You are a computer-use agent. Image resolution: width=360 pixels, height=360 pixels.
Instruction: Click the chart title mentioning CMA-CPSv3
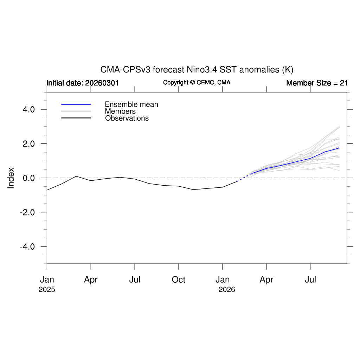(x=197, y=69)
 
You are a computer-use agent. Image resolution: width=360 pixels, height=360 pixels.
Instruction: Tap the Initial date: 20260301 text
(x=83, y=83)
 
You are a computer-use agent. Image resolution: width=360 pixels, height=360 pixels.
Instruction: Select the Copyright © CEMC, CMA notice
(x=197, y=82)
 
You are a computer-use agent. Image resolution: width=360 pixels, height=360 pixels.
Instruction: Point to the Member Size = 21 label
(x=317, y=83)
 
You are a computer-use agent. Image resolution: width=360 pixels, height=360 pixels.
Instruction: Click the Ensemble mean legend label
(x=131, y=104)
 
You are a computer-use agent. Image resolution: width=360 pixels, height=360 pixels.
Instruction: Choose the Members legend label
(x=120, y=111)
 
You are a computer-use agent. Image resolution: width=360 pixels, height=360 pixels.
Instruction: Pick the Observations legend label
(x=127, y=118)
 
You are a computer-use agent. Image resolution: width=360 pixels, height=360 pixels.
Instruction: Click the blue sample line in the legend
(x=76, y=104)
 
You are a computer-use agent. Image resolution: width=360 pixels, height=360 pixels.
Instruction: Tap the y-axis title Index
(x=11, y=178)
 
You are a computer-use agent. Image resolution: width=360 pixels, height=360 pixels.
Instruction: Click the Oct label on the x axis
(x=179, y=280)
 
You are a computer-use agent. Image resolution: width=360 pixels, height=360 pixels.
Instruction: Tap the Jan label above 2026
(x=223, y=280)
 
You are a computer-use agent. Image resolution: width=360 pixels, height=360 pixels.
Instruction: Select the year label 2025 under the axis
(x=47, y=290)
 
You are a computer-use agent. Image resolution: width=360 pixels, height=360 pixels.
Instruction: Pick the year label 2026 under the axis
(x=227, y=290)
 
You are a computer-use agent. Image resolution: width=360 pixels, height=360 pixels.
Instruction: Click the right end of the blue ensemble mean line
(x=339, y=148)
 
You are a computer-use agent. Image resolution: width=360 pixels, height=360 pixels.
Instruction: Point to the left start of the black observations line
(x=47, y=190)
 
